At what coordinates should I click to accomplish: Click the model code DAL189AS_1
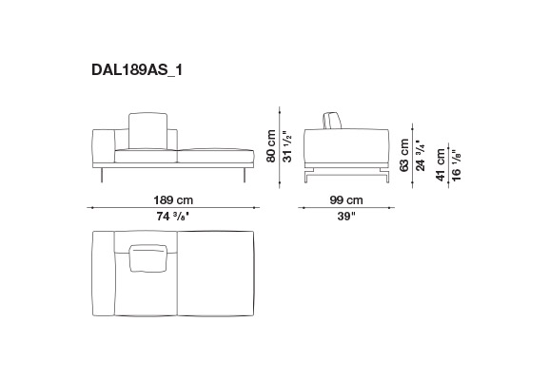(x=137, y=70)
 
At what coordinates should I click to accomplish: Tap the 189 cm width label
(x=173, y=200)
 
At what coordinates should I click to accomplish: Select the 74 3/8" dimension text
(x=173, y=217)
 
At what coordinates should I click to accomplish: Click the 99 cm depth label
(x=346, y=200)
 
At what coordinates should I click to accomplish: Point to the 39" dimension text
(x=346, y=217)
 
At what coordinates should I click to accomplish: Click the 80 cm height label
(x=271, y=145)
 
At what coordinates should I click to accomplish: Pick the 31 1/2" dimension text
(x=287, y=146)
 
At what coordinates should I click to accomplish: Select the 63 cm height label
(x=404, y=155)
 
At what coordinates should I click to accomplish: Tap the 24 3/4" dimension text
(x=421, y=156)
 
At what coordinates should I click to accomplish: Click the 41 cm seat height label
(x=441, y=164)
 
